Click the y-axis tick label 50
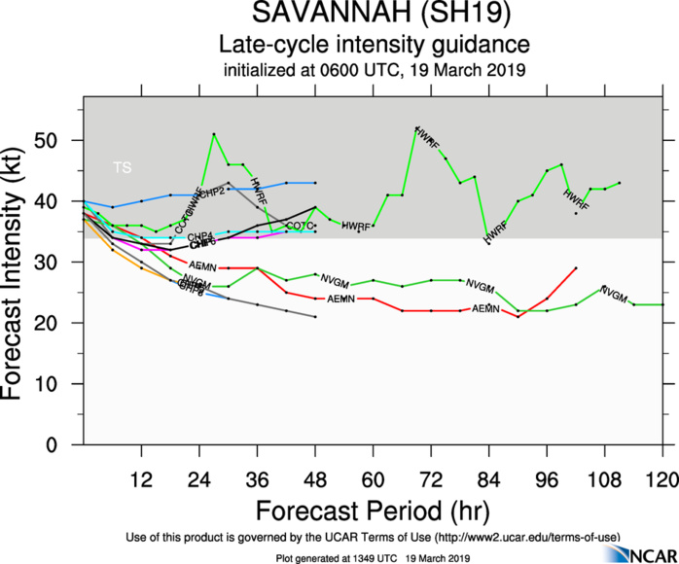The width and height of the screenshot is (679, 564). [x=64, y=140]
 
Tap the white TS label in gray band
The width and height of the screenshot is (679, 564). [x=122, y=168]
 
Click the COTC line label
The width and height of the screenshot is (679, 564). [x=300, y=226]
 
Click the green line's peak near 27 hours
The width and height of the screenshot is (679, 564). [x=214, y=133]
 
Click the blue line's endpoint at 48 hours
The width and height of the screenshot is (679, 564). [x=315, y=183]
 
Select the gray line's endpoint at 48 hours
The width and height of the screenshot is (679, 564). [x=315, y=317]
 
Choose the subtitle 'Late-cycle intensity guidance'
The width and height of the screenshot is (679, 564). [x=374, y=45]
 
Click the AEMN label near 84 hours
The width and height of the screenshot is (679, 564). [x=485, y=308]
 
